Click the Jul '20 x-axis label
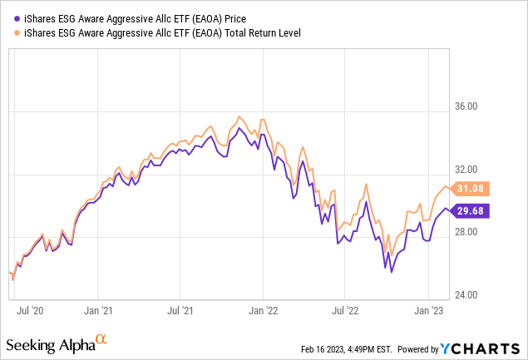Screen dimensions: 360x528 (32, 311)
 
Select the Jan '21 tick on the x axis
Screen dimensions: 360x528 (98, 311)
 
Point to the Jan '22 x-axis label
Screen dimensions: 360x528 (264, 311)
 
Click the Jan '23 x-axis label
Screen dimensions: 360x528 (429, 311)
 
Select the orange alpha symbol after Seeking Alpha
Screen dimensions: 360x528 (101, 339)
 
